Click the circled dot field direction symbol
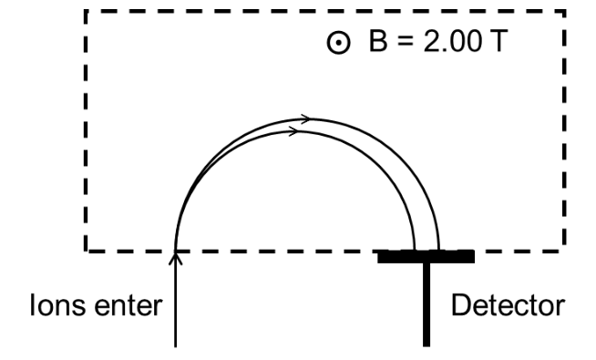338,43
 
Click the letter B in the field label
378,41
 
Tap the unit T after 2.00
498,41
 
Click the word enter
128,306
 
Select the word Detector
508,305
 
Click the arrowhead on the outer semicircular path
306,118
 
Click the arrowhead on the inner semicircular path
294,131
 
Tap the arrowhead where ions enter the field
175,258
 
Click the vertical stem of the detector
426,304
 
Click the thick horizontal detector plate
426,257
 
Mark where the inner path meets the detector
415,251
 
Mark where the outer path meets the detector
439,251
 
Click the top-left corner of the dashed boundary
86,12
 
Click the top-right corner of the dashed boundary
564,12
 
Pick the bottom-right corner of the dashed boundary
564,251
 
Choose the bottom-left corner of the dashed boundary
86,251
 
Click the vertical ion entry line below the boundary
175,300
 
